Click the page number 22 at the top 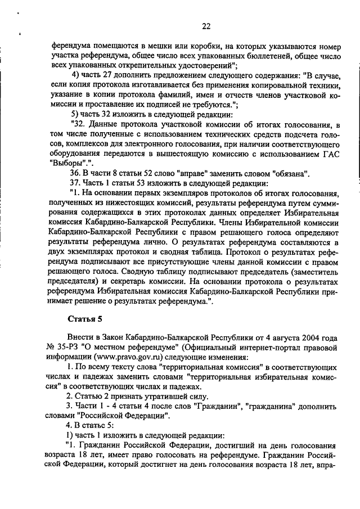click(206, 26)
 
